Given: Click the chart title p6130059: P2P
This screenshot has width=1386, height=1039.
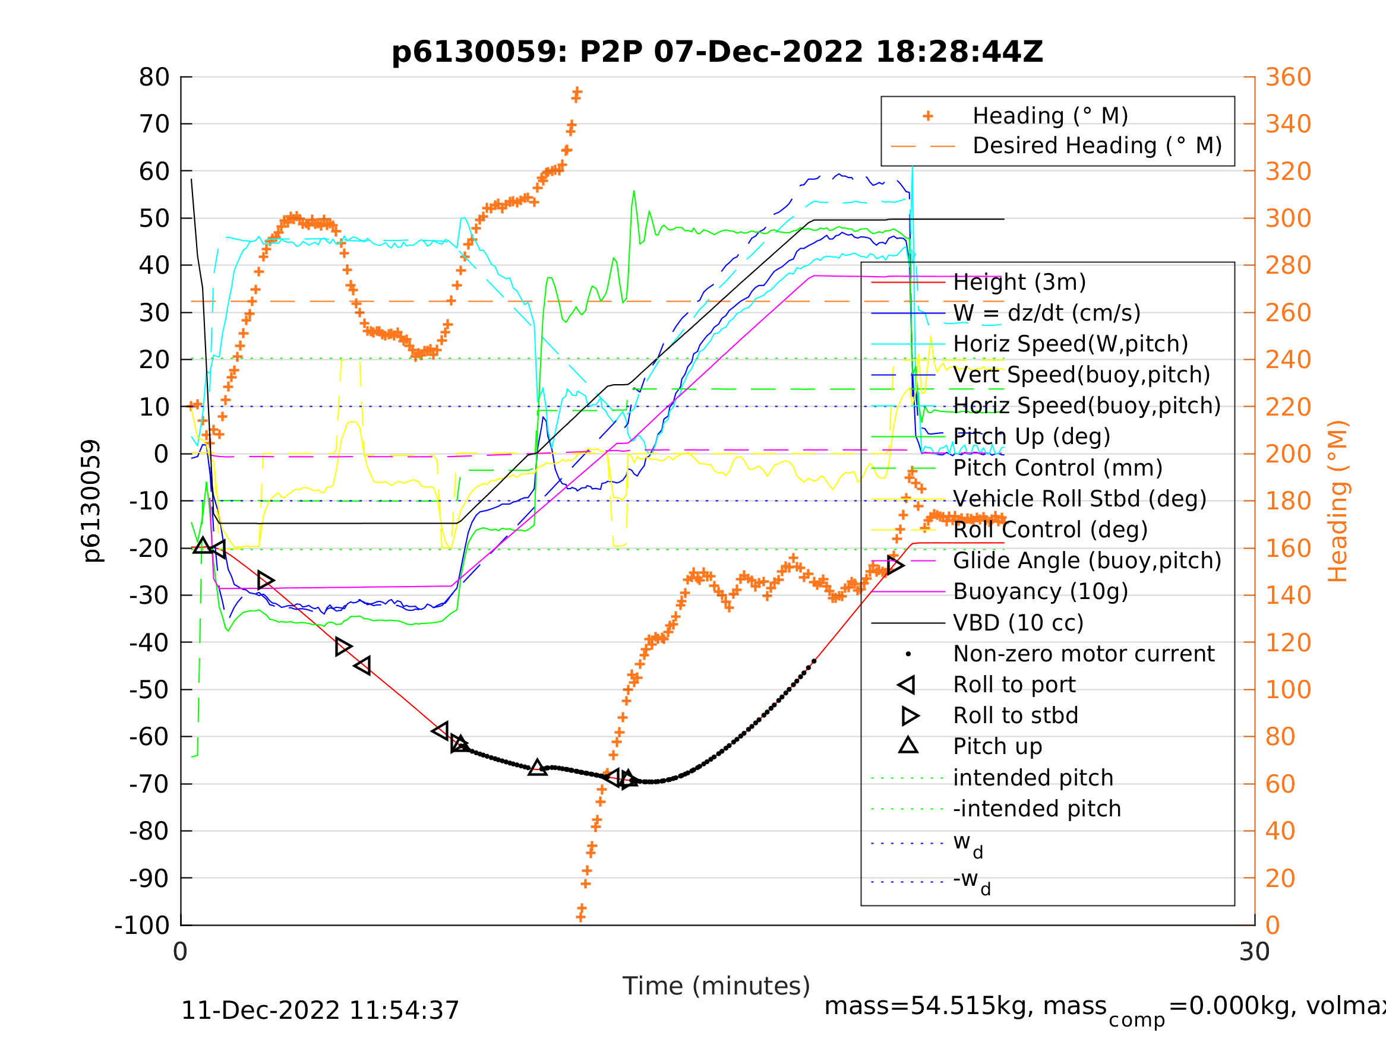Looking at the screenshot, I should tap(717, 52).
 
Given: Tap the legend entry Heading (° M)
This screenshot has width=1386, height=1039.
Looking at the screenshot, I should tap(1050, 116).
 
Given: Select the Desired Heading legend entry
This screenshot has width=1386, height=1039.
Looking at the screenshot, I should tap(1097, 146).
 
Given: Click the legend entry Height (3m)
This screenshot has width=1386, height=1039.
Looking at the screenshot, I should tap(1019, 283).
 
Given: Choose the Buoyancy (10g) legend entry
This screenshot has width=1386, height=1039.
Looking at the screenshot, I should tap(1040, 592).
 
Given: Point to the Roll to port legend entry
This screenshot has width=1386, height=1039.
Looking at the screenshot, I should tap(1014, 685).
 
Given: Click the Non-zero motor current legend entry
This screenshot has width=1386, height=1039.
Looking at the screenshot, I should tap(1084, 654).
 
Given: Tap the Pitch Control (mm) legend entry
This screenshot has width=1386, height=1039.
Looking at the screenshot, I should tap(1057, 468).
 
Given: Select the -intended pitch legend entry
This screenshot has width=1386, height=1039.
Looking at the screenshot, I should tap(1036, 809).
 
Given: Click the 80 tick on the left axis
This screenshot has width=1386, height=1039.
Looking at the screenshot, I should tap(154, 78).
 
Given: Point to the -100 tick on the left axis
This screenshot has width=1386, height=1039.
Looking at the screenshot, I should tap(142, 926).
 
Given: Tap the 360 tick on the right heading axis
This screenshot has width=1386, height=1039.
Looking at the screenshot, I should tap(1288, 78).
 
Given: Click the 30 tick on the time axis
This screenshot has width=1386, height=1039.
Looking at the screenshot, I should tap(1255, 952).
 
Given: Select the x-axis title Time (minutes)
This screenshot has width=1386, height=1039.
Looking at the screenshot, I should tap(716, 986).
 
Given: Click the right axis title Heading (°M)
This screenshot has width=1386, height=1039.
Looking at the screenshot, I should tap(1338, 501).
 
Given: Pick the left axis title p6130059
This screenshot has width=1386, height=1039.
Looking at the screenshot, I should tap(92, 501).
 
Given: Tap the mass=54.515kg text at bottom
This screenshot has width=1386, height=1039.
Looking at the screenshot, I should tap(965, 1006).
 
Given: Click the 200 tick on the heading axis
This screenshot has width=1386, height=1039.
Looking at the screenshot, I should tap(1288, 454).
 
